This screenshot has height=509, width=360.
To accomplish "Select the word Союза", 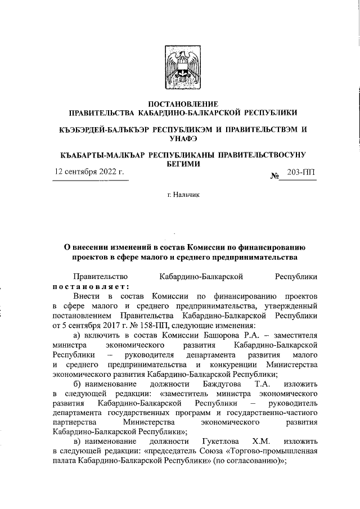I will point(203,451).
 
